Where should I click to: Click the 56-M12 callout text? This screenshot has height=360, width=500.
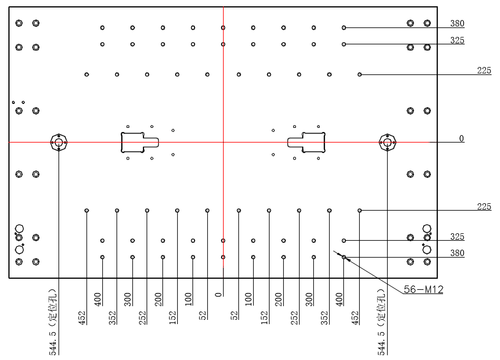coord(424,289)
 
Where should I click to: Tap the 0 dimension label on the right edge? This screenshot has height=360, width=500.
coord(461,138)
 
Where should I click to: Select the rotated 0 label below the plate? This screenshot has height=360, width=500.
coord(218,295)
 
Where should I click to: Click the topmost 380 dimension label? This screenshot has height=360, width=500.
coord(457,23)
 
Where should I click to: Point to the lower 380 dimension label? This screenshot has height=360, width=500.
coord(457,253)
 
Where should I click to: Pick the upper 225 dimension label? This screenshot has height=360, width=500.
coord(484,70)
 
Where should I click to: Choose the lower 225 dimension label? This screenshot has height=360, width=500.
coord(484,206)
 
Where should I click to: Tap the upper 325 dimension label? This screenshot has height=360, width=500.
coord(457,40)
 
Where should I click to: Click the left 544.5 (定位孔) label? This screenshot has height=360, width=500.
coord(53,321)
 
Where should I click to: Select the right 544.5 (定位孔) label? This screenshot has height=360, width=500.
coord(381,321)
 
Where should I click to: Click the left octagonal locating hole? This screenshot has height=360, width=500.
coord(59,143)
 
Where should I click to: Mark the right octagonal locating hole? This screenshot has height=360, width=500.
coord(388,143)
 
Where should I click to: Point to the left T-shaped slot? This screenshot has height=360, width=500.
coord(140,143)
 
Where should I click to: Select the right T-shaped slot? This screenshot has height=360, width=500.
coord(306,143)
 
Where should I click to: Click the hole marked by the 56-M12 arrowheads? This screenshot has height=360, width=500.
coord(344,257)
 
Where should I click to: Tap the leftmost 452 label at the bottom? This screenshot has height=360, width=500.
coord(82,318)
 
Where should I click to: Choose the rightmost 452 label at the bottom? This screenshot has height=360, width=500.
coord(355,318)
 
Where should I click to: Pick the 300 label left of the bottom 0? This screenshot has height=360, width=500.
coord(128,299)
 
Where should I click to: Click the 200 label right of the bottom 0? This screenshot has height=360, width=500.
coord(278,299)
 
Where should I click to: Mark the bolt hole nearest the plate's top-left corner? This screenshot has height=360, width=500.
coord(19,23)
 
